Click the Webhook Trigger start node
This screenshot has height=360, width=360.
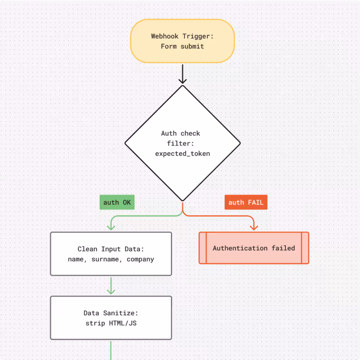coord(182,41)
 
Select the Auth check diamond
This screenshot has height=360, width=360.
coord(182,143)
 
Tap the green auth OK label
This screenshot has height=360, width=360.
coord(117,202)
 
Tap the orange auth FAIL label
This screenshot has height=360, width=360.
coord(246,202)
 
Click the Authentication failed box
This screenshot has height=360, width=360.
coord(254,248)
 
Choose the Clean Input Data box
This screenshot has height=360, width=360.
coord(111,254)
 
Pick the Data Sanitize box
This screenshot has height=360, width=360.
coord(111,318)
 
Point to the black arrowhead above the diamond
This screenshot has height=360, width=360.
coord(182,81)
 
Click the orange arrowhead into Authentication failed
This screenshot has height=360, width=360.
coord(254,227)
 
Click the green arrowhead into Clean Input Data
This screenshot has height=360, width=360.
coord(111,227)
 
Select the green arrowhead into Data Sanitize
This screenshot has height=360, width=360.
coord(111,291)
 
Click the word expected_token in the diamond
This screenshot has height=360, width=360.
coord(182,154)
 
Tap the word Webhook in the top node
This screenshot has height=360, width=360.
coord(164,36)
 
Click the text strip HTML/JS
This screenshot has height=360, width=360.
coord(111,323)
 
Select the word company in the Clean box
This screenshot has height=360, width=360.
coord(140,259)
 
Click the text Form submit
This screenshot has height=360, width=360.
coord(182,46)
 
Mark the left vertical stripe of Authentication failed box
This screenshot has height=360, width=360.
coord(203,248)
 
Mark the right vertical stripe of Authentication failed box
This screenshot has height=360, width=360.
coord(304,248)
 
